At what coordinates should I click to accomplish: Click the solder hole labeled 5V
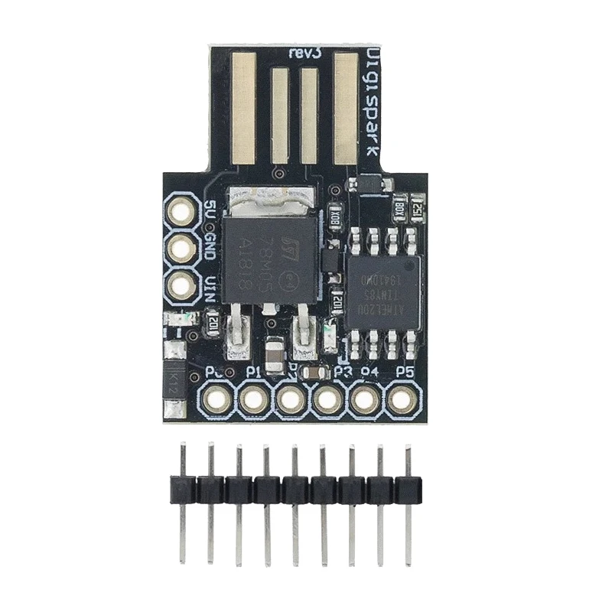click(x=182, y=210)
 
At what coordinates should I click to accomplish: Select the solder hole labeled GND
click(x=182, y=247)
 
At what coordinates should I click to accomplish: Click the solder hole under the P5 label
click(x=402, y=399)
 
